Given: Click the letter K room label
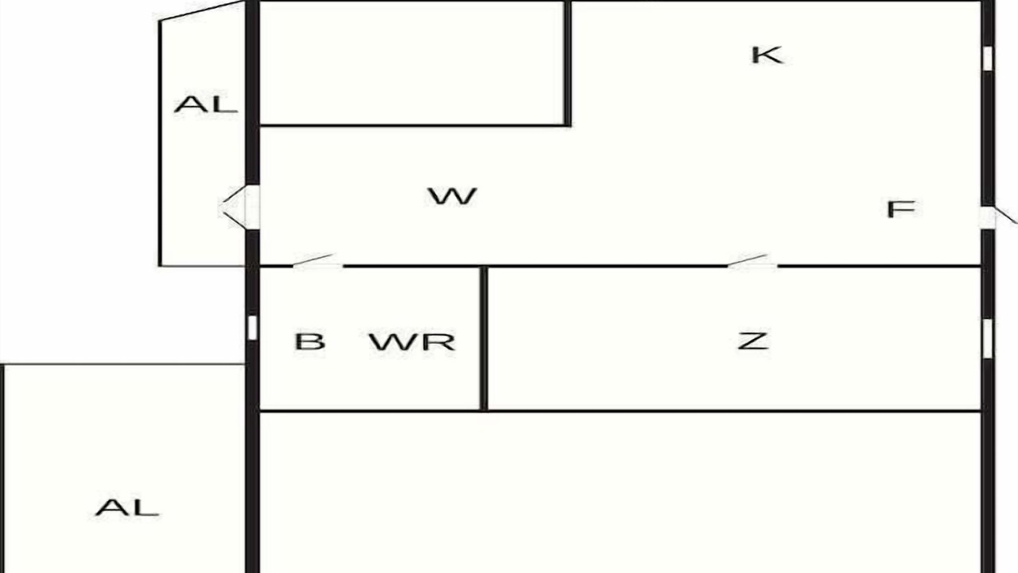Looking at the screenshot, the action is click(x=767, y=55).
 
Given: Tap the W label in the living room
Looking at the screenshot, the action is click(x=452, y=196).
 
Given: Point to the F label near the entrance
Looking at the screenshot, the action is click(x=901, y=209).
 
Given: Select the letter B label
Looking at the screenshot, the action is click(x=310, y=341).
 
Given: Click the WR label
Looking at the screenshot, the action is click(x=412, y=341).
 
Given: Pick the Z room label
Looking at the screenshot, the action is click(x=752, y=341).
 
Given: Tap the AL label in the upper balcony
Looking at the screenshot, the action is click(x=205, y=104).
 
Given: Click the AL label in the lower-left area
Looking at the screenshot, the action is click(x=126, y=508).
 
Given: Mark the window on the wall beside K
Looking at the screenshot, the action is click(x=988, y=59).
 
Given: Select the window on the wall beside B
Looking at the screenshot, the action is click(x=252, y=327).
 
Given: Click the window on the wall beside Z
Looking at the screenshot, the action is click(x=988, y=338).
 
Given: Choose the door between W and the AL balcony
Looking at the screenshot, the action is click(x=239, y=207).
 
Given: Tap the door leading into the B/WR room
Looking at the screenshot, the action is click(x=317, y=261).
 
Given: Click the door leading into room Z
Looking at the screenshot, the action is click(x=752, y=261).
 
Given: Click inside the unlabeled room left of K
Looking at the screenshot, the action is click(x=412, y=63).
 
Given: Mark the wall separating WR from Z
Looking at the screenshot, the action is click(x=484, y=339).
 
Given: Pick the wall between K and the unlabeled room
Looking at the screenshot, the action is click(x=568, y=63).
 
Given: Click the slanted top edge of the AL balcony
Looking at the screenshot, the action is click(x=202, y=11).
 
